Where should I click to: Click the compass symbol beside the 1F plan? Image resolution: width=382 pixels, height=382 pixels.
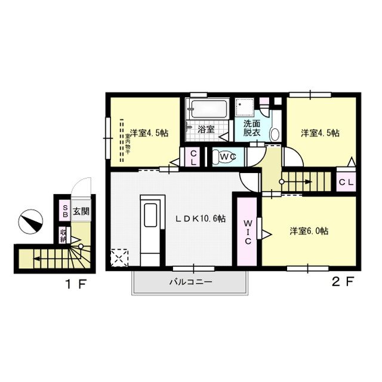(30, 221)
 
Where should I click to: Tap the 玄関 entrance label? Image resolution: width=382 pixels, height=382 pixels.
(81, 211)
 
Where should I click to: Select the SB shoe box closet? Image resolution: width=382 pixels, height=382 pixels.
(65, 211)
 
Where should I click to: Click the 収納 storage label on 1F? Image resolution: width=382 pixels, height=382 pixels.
(63, 235)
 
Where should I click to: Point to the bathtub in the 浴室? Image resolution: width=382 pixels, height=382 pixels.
(209, 109)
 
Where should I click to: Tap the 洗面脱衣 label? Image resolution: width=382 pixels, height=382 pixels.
(252, 128)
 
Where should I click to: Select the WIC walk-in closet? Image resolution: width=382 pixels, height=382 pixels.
(248, 232)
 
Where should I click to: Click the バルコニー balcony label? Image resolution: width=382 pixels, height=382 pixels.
(191, 282)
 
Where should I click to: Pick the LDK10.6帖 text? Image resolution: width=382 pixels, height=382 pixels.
(201, 218)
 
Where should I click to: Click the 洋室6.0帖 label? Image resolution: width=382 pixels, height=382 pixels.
(309, 231)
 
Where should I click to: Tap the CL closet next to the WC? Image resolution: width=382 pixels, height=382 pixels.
(193, 157)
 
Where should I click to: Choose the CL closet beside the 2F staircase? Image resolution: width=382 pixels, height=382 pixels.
(346, 181)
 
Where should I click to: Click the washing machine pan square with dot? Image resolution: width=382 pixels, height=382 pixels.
(245, 107)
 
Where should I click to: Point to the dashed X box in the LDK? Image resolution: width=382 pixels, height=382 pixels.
(119, 258)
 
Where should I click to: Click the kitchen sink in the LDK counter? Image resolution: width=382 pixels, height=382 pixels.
(150, 215)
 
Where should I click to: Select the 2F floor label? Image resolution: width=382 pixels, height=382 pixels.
(343, 282)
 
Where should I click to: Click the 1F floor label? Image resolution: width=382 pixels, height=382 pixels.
(76, 284)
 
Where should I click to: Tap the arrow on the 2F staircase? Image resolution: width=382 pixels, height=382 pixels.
(295, 181)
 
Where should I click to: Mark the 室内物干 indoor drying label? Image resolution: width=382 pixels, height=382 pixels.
(128, 144)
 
